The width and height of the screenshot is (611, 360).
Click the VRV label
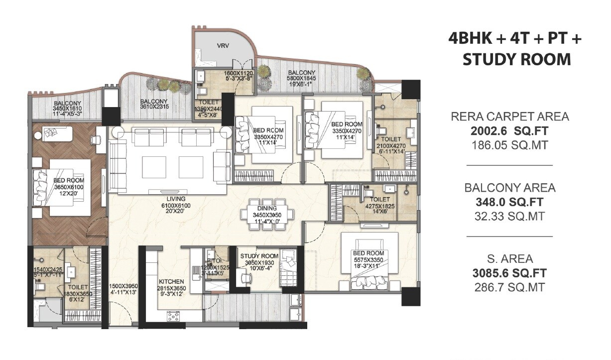(x=223, y=45)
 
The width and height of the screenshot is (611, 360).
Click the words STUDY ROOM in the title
(x=516, y=59)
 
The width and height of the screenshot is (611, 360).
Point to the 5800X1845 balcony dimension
(x=302, y=79)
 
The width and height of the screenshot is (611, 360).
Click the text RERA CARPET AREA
(x=509, y=117)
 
